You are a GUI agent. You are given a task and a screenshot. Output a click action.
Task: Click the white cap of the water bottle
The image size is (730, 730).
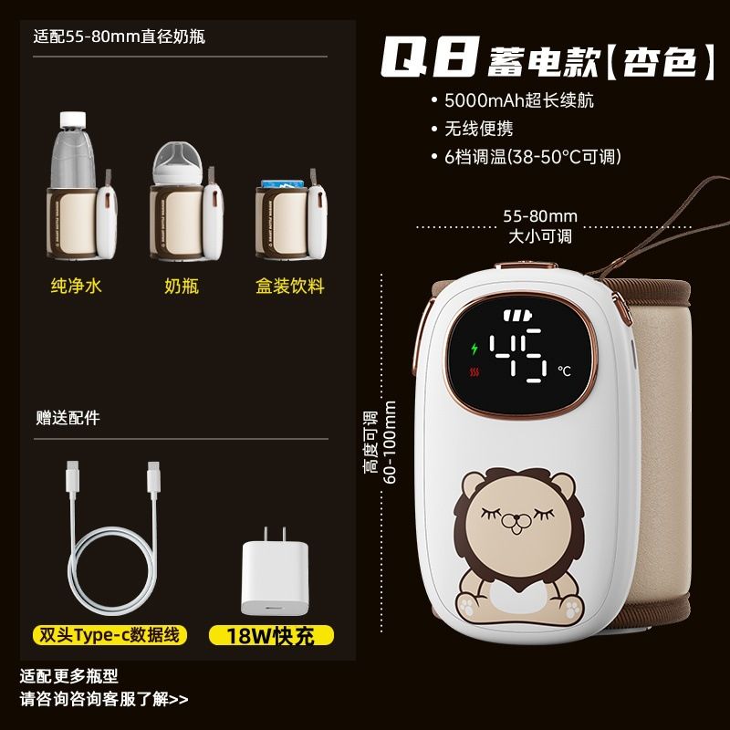click(x=73, y=120)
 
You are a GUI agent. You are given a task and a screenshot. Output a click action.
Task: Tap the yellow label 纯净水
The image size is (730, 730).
click(x=77, y=286)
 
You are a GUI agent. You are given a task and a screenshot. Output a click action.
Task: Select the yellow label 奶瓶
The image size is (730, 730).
click(x=182, y=286)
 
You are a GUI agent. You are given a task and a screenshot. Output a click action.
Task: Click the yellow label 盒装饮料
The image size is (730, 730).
click(x=290, y=286)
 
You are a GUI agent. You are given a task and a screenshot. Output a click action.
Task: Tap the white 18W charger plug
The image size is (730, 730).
click(x=275, y=572)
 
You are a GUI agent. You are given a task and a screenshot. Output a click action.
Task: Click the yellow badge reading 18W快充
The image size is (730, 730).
click(x=271, y=635)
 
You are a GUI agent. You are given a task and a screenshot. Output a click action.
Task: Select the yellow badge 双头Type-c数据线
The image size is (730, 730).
click(x=109, y=635)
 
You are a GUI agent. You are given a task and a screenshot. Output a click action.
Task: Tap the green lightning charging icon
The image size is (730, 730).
click(x=474, y=349)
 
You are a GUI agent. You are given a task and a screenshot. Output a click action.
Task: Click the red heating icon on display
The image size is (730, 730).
click(x=474, y=372)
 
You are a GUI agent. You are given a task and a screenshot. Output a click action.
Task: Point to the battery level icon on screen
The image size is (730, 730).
click(x=517, y=316)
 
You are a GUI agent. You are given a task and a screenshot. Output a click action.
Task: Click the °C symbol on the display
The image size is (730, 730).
click(x=564, y=370)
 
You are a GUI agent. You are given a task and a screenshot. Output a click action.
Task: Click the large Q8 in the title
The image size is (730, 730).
click(x=430, y=57)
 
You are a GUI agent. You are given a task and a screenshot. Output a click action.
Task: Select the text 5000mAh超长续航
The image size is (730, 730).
click(x=519, y=100)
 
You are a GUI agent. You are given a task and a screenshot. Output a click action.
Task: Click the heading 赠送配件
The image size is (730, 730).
click(x=68, y=418)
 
